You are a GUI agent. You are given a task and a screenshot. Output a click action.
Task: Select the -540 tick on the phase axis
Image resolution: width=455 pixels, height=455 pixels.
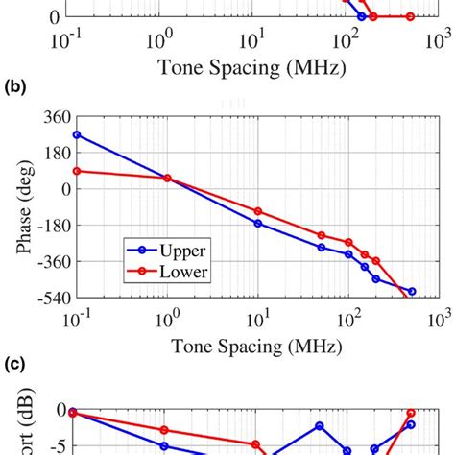(x=42, y=299)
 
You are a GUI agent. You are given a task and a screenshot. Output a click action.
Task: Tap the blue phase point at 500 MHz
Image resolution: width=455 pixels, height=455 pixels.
(x=411, y=291)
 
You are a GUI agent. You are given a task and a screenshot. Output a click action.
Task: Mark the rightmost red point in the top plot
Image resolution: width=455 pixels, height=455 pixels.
(x=410, y=17)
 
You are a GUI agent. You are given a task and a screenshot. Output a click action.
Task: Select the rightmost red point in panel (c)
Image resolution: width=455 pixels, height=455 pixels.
(x=411, y=413)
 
